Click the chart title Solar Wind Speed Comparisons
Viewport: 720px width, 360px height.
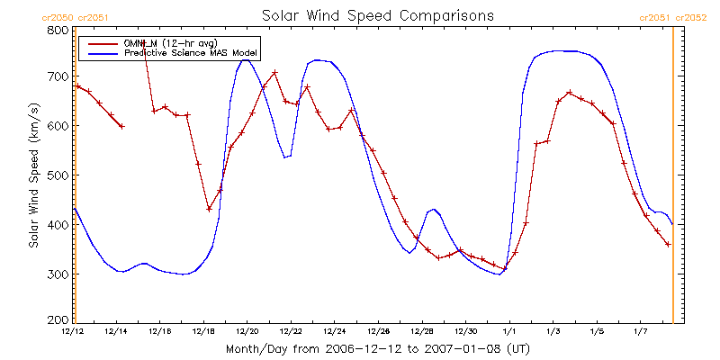(378, 16)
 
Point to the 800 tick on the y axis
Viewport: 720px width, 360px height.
(56, 30)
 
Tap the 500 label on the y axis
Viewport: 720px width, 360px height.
(56, 175)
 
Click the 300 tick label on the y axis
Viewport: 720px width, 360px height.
(56, 274)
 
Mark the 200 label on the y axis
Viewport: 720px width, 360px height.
(56, 319)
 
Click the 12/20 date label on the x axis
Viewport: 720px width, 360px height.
(247, 332)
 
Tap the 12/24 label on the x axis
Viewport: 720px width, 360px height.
(335, 332)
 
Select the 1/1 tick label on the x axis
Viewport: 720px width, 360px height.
(509, 332)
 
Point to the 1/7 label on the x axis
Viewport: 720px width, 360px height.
(641, 332)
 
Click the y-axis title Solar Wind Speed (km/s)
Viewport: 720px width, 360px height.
(33, 175)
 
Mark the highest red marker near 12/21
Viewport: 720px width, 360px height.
(274, 72)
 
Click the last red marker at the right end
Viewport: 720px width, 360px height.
(668, 244)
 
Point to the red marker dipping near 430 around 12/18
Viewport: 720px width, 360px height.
(209, 209)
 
